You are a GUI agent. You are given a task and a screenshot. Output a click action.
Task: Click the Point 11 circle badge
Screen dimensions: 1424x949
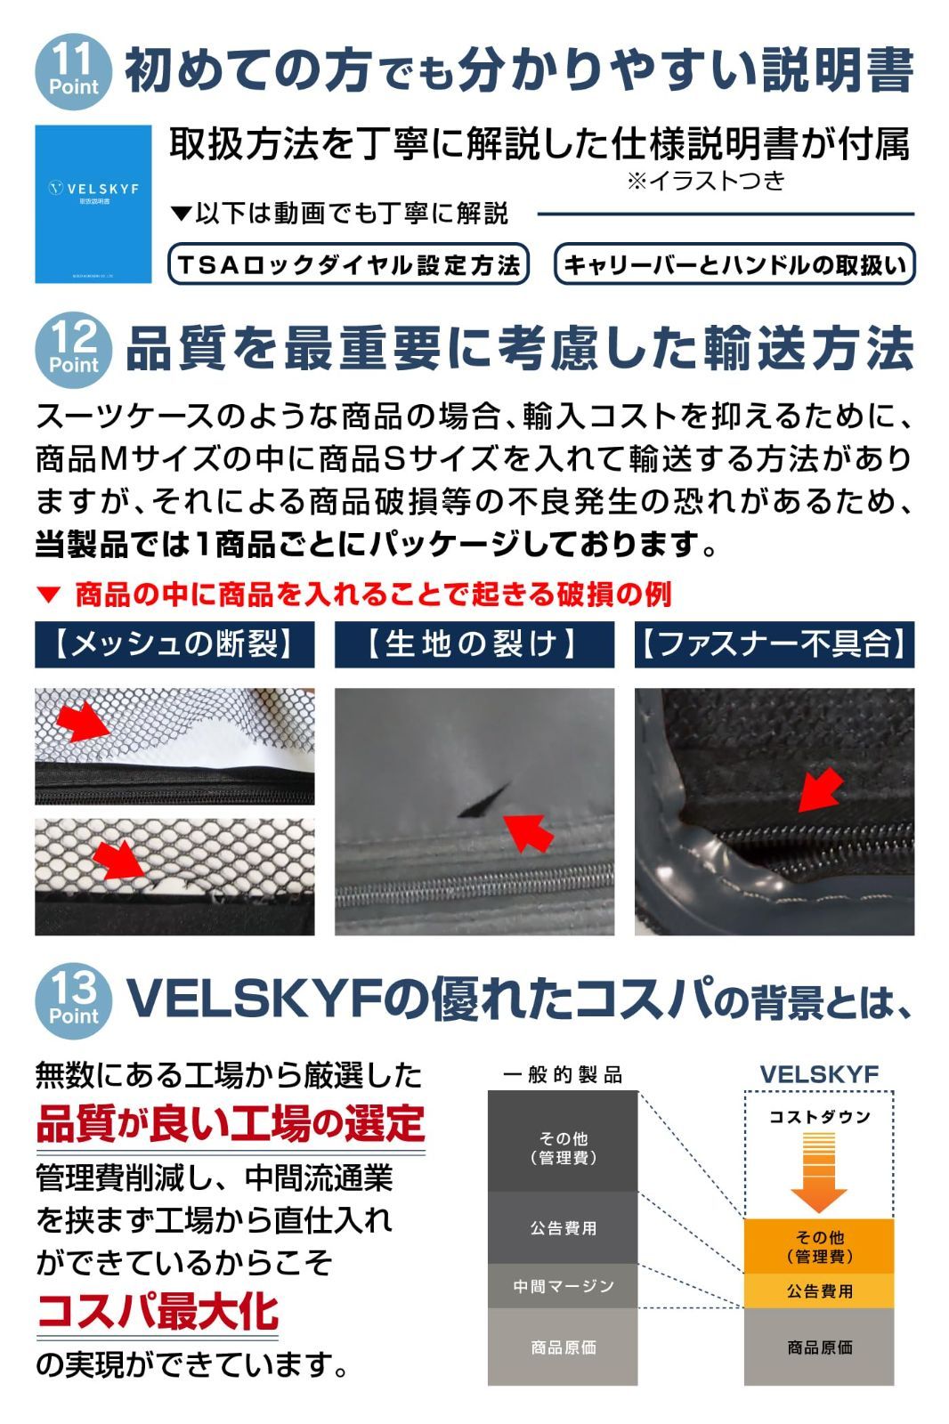(74, 71)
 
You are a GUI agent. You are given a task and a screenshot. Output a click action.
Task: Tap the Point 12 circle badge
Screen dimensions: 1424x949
(74, 348)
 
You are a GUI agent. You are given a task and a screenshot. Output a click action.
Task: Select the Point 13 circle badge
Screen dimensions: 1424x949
(74, 999)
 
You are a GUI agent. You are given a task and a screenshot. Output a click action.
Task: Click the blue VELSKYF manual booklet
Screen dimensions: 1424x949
(93, 204)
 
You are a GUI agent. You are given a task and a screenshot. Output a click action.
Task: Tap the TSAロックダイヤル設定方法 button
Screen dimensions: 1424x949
(348, 264)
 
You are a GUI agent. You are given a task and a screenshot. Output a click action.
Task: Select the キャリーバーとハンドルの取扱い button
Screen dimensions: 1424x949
(734, 264)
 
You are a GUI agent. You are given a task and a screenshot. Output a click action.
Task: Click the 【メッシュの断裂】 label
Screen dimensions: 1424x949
(174, 644)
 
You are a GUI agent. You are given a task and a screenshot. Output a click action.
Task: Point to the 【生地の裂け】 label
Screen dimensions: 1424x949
(474, 644)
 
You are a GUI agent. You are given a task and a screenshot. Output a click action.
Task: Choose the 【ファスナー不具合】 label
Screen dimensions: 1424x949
(774, 644)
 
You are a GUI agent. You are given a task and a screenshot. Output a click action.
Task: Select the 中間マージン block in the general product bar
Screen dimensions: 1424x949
(563, 1286)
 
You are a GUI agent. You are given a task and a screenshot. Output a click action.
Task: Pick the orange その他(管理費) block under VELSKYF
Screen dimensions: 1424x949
(818, 1246)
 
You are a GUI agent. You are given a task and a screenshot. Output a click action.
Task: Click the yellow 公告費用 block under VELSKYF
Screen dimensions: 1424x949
(818, 1290)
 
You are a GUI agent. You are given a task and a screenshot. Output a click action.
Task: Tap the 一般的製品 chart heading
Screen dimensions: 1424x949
(563, 1074)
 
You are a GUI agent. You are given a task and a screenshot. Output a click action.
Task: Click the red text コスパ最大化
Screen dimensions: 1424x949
(158, 1312)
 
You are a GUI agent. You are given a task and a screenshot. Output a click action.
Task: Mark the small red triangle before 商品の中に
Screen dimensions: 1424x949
(50, 595)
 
